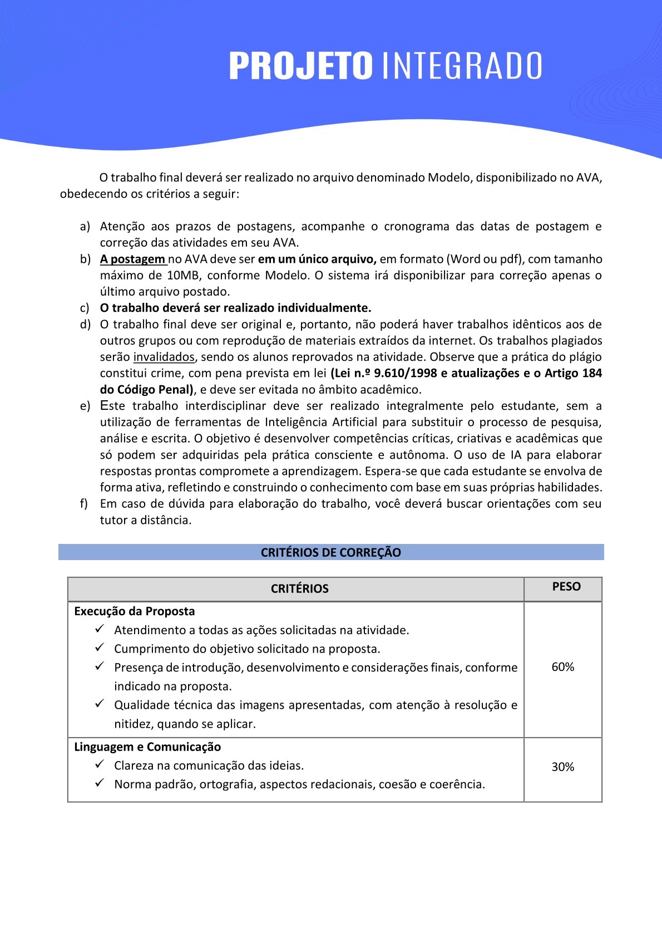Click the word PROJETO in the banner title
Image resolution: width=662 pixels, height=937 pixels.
(300, 66)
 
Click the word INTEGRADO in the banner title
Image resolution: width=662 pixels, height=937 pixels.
(462, 66)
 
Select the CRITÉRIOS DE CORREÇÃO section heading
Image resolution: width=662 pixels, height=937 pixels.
(331, 552)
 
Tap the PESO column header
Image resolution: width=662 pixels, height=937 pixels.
(566, 587)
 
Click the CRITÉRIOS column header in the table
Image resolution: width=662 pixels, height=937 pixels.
(299, 588)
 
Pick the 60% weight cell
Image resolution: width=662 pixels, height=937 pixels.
(563, 667)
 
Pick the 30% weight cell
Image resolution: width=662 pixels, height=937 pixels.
(563, 767)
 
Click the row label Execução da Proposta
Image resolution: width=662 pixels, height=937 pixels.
(135, 611)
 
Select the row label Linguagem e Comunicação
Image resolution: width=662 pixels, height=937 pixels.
(147, 747)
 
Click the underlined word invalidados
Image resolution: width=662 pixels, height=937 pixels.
(164, 357)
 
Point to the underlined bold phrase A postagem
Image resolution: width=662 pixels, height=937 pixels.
(132, 259)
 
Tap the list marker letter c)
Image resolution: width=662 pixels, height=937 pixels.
(85, 308)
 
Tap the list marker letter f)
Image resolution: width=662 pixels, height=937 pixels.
(84, 504)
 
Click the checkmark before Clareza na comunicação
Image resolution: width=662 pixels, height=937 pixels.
(100, 765)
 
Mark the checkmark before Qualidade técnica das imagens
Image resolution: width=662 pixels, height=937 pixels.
(100, 704)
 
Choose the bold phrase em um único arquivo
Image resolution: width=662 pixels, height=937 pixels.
(317, 259)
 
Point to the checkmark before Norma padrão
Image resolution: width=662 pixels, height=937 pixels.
(100, 783)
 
